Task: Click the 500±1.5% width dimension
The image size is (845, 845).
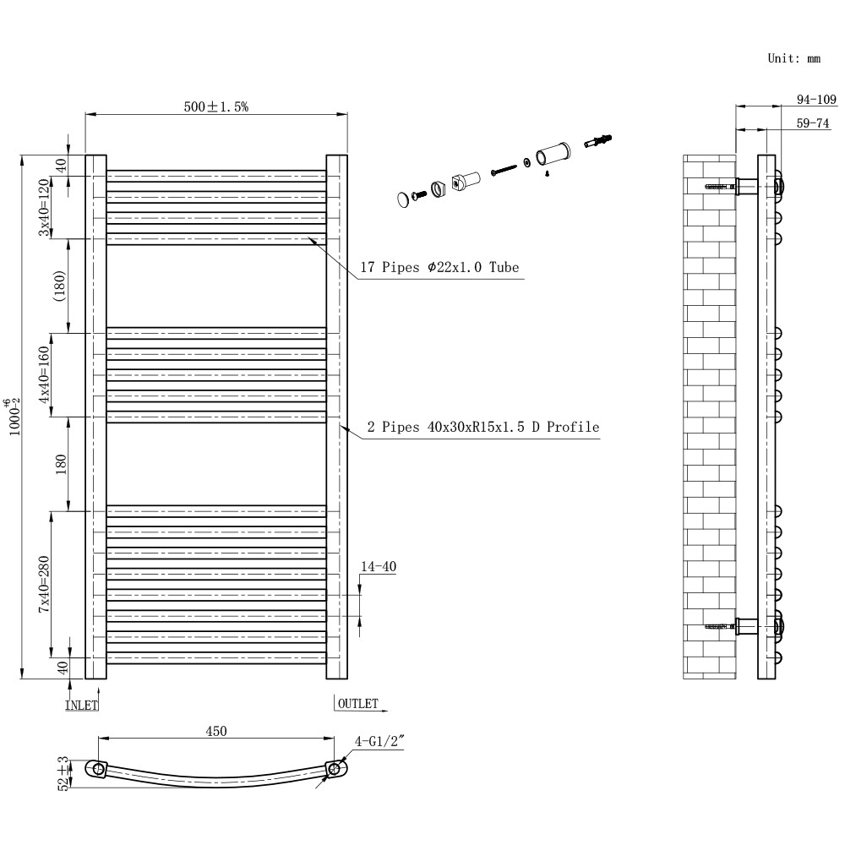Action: (x=216, y=106)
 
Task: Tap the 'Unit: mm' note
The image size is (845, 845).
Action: (x=793, y=58)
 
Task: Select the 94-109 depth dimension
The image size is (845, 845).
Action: (x=816, y=99)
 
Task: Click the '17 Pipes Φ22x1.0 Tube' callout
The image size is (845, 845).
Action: (x=439, y=268)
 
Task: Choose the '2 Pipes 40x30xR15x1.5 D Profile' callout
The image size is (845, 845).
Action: (x=483, y=428)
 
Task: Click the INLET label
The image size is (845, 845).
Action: (x=82, y=704)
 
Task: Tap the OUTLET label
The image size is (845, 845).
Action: (x=357, y=703)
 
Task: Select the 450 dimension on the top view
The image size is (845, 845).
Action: (x=216, y=732)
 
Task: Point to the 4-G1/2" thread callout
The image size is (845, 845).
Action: (x=380, y=742)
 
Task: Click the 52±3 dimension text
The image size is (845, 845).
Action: (x=62, y=772)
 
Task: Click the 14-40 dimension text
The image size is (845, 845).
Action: (x=378, y=566)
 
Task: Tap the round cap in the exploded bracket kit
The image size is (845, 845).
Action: (x=402, y=199)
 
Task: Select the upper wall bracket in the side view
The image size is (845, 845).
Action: (x=748, y=186)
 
